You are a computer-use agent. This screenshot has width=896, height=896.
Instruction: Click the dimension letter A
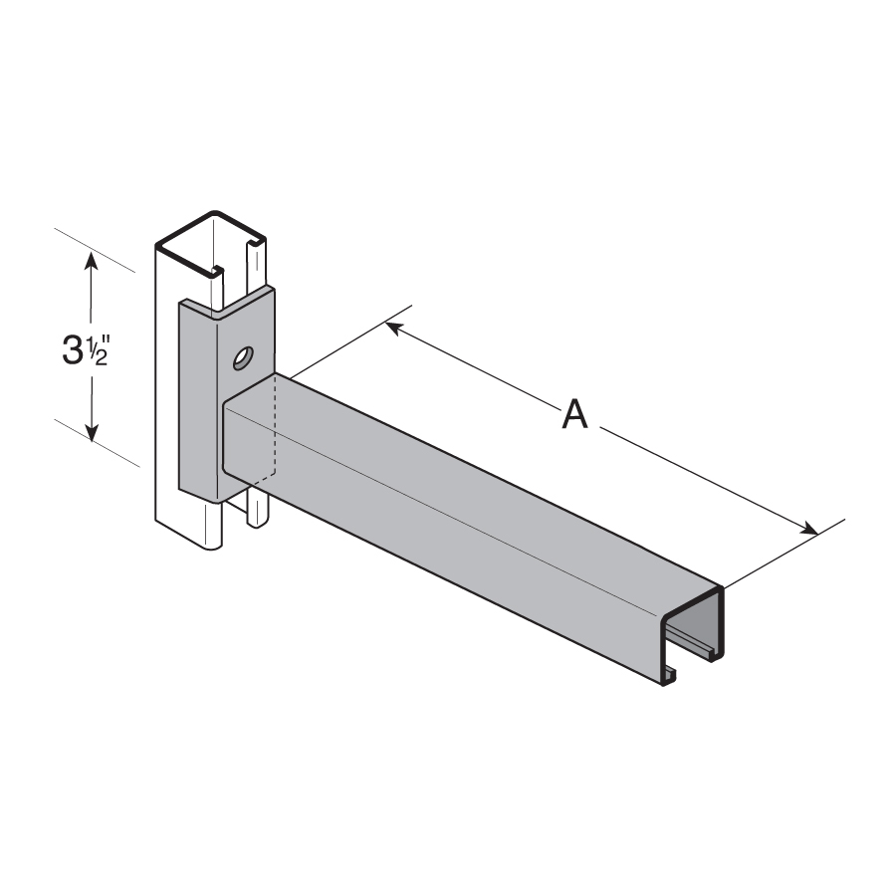coord(574,413)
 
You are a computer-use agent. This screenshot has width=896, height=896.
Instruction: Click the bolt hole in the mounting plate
coord(242,356)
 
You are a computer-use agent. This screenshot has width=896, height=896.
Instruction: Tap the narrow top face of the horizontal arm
coord(498,478)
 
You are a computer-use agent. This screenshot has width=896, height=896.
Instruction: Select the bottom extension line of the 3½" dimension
coord(96,442)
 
